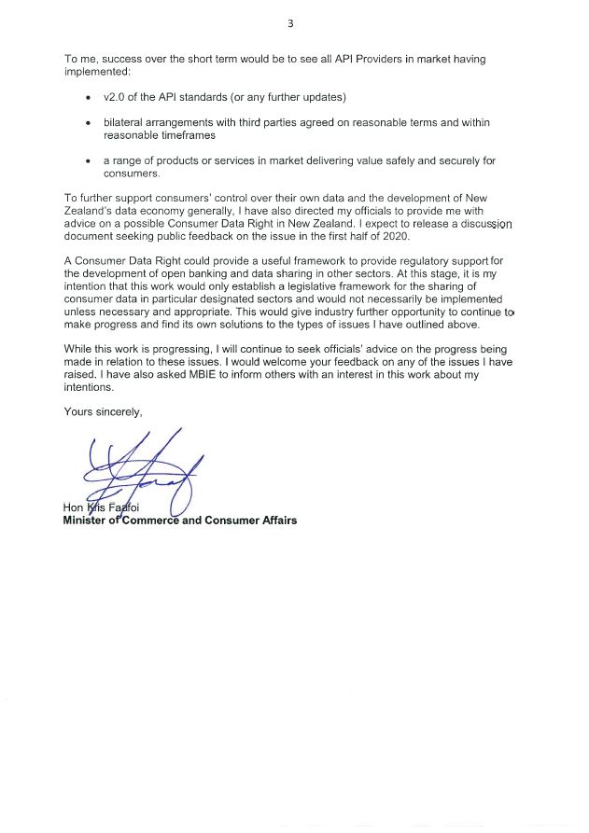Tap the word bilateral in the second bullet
click(x=125, y=122)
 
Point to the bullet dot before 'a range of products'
click(x=88, y=161)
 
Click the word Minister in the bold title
click(x=85, y=521)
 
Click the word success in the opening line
click(x=118, y=59)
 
